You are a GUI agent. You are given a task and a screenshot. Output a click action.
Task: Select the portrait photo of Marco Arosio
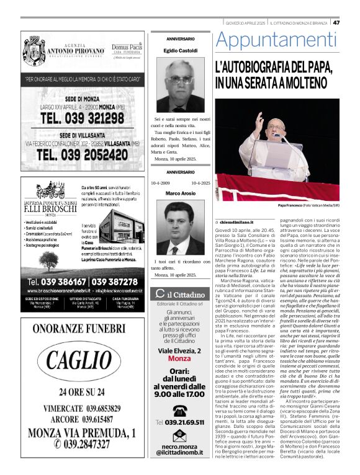[x=180, y=228]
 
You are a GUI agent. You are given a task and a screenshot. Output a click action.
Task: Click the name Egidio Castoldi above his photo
[x=180, y=50]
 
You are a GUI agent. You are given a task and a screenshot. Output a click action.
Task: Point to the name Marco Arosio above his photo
[x=180, y=193]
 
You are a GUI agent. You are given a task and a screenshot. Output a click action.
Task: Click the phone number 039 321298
[x=83, y=117]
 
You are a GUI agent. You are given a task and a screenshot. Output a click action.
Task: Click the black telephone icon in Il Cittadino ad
[x=180, y=410]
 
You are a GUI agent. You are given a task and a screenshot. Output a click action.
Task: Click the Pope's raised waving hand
[x=258, y=118]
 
